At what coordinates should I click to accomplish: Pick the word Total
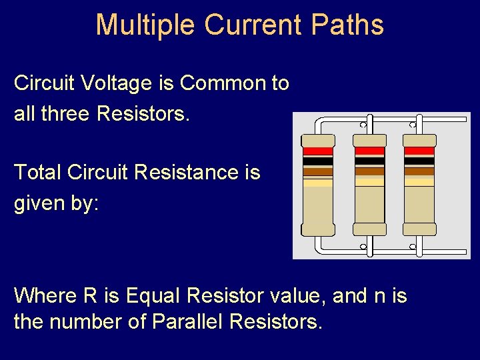tap(37, 172)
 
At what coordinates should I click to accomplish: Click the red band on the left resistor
tap(317, 151)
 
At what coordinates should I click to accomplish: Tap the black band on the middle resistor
tap(369, 161)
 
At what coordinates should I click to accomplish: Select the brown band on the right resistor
tap(420, 171)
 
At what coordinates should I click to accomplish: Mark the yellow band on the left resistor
tap(317, 182)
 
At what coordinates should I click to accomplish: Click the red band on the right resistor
tap(420, 151)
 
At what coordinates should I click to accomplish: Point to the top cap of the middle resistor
tap(369, 140)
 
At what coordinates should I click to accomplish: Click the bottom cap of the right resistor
tap(420, 229)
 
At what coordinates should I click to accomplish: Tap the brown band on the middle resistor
tap(369, 171)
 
